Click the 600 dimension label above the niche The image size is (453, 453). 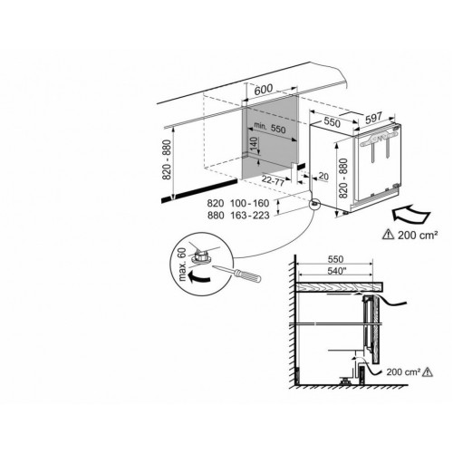[x=264, y=90]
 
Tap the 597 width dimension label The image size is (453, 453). [x=373, y=118]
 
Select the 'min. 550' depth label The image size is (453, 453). [x=270, y=128]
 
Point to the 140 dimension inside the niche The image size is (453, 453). [x=254, y=144]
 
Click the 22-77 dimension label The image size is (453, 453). [x=273, y=180]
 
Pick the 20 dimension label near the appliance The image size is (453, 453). [x=323, y=176]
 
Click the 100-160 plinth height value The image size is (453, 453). [x=249, y=203]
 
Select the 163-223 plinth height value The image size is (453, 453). [x=249, y=216]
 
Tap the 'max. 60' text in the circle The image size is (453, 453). [x=182, y=265]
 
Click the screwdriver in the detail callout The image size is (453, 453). [x=236, y=274]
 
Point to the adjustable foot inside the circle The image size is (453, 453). [x=199, y=256]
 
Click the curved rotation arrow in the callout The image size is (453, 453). [x=198, y=277]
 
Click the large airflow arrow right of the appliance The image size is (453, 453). [x=410, y=214]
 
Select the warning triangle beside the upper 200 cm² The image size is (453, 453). [x=388, y=235]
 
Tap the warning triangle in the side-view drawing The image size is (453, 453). [x=428, y=371]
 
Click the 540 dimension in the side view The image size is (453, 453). [x=336, y=271]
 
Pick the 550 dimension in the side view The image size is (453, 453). [x=335, y=259]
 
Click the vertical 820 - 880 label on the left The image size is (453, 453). [x=167, y=159]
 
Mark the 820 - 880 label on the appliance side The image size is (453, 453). [x=343, y=178]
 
